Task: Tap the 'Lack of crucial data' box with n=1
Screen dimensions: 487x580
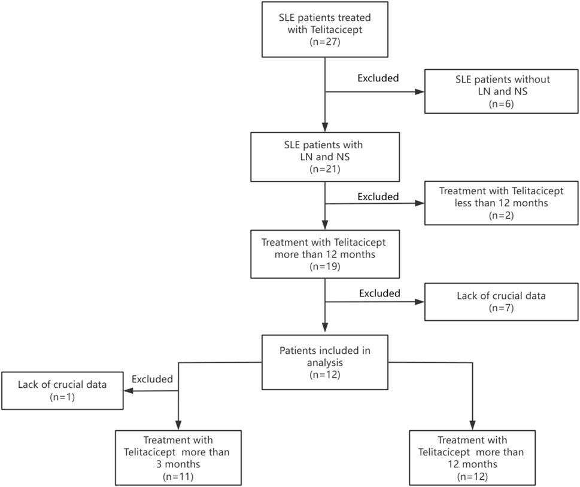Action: pyautogui.click(x=62, y=391)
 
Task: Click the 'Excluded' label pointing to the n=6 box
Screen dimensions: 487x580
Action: pyautogui.click(x=378, y=78)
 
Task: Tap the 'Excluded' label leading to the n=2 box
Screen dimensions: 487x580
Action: pyautogui.click(x=378, y=196)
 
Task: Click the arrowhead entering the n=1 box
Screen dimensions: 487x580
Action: pyautogui.click(x=128, y=391)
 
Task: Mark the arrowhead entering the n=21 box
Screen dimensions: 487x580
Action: pyautogui.click(x=324, y=127)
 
